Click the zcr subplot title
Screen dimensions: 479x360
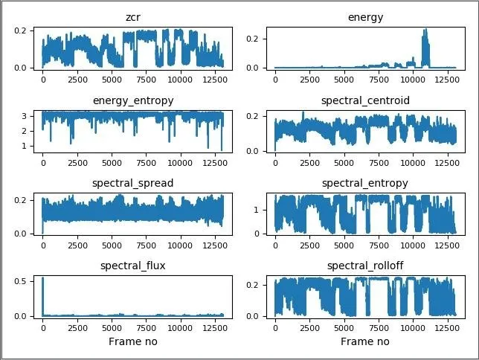pos(133,17)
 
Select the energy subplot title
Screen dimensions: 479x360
pos(365,18)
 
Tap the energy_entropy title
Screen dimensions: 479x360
pos(133,101)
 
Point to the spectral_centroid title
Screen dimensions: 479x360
pos(365,101)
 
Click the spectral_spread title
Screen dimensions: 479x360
pos(133,184)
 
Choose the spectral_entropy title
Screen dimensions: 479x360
pos(365,184)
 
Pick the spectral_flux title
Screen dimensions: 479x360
pos(133,266)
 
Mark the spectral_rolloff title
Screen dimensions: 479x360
pos(365,266)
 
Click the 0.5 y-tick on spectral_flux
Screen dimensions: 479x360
pos(21,281)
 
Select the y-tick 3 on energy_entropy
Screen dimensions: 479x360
pos(24,117)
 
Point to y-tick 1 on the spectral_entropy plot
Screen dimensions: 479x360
pos(256,210)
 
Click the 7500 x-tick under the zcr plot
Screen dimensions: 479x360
pos(146,80)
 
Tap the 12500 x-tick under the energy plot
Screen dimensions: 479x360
pos(447,80)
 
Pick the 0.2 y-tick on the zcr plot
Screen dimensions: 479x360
pos(21,30)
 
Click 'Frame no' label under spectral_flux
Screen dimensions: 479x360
pos(133,341)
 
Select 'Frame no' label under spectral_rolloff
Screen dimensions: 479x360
pos(365,341)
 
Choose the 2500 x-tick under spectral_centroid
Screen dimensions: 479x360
pos(309,163)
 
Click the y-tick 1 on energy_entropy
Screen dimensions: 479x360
pos(24,146)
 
